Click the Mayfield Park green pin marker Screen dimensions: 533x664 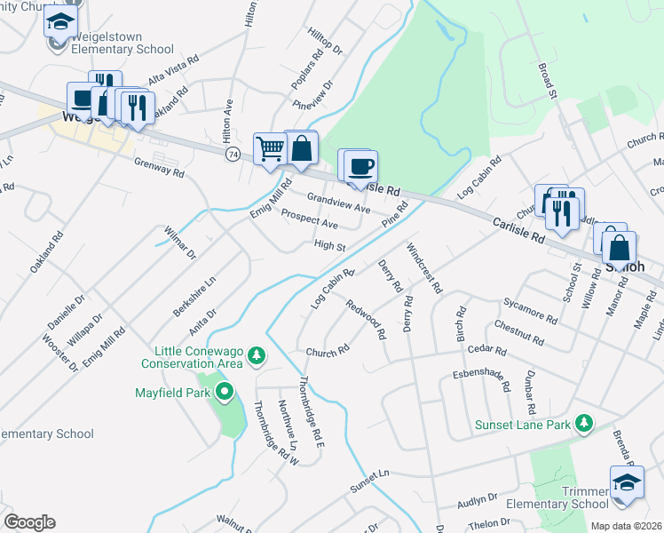coord(225,391)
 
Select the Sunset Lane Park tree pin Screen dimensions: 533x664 coord(583,424)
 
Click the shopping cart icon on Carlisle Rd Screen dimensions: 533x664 coord(270,148)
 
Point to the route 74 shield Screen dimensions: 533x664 coord(233,154)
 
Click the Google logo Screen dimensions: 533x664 coord(29,522)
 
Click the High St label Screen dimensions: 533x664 coord(328,245)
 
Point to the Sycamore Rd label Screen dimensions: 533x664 coord(529,311)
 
